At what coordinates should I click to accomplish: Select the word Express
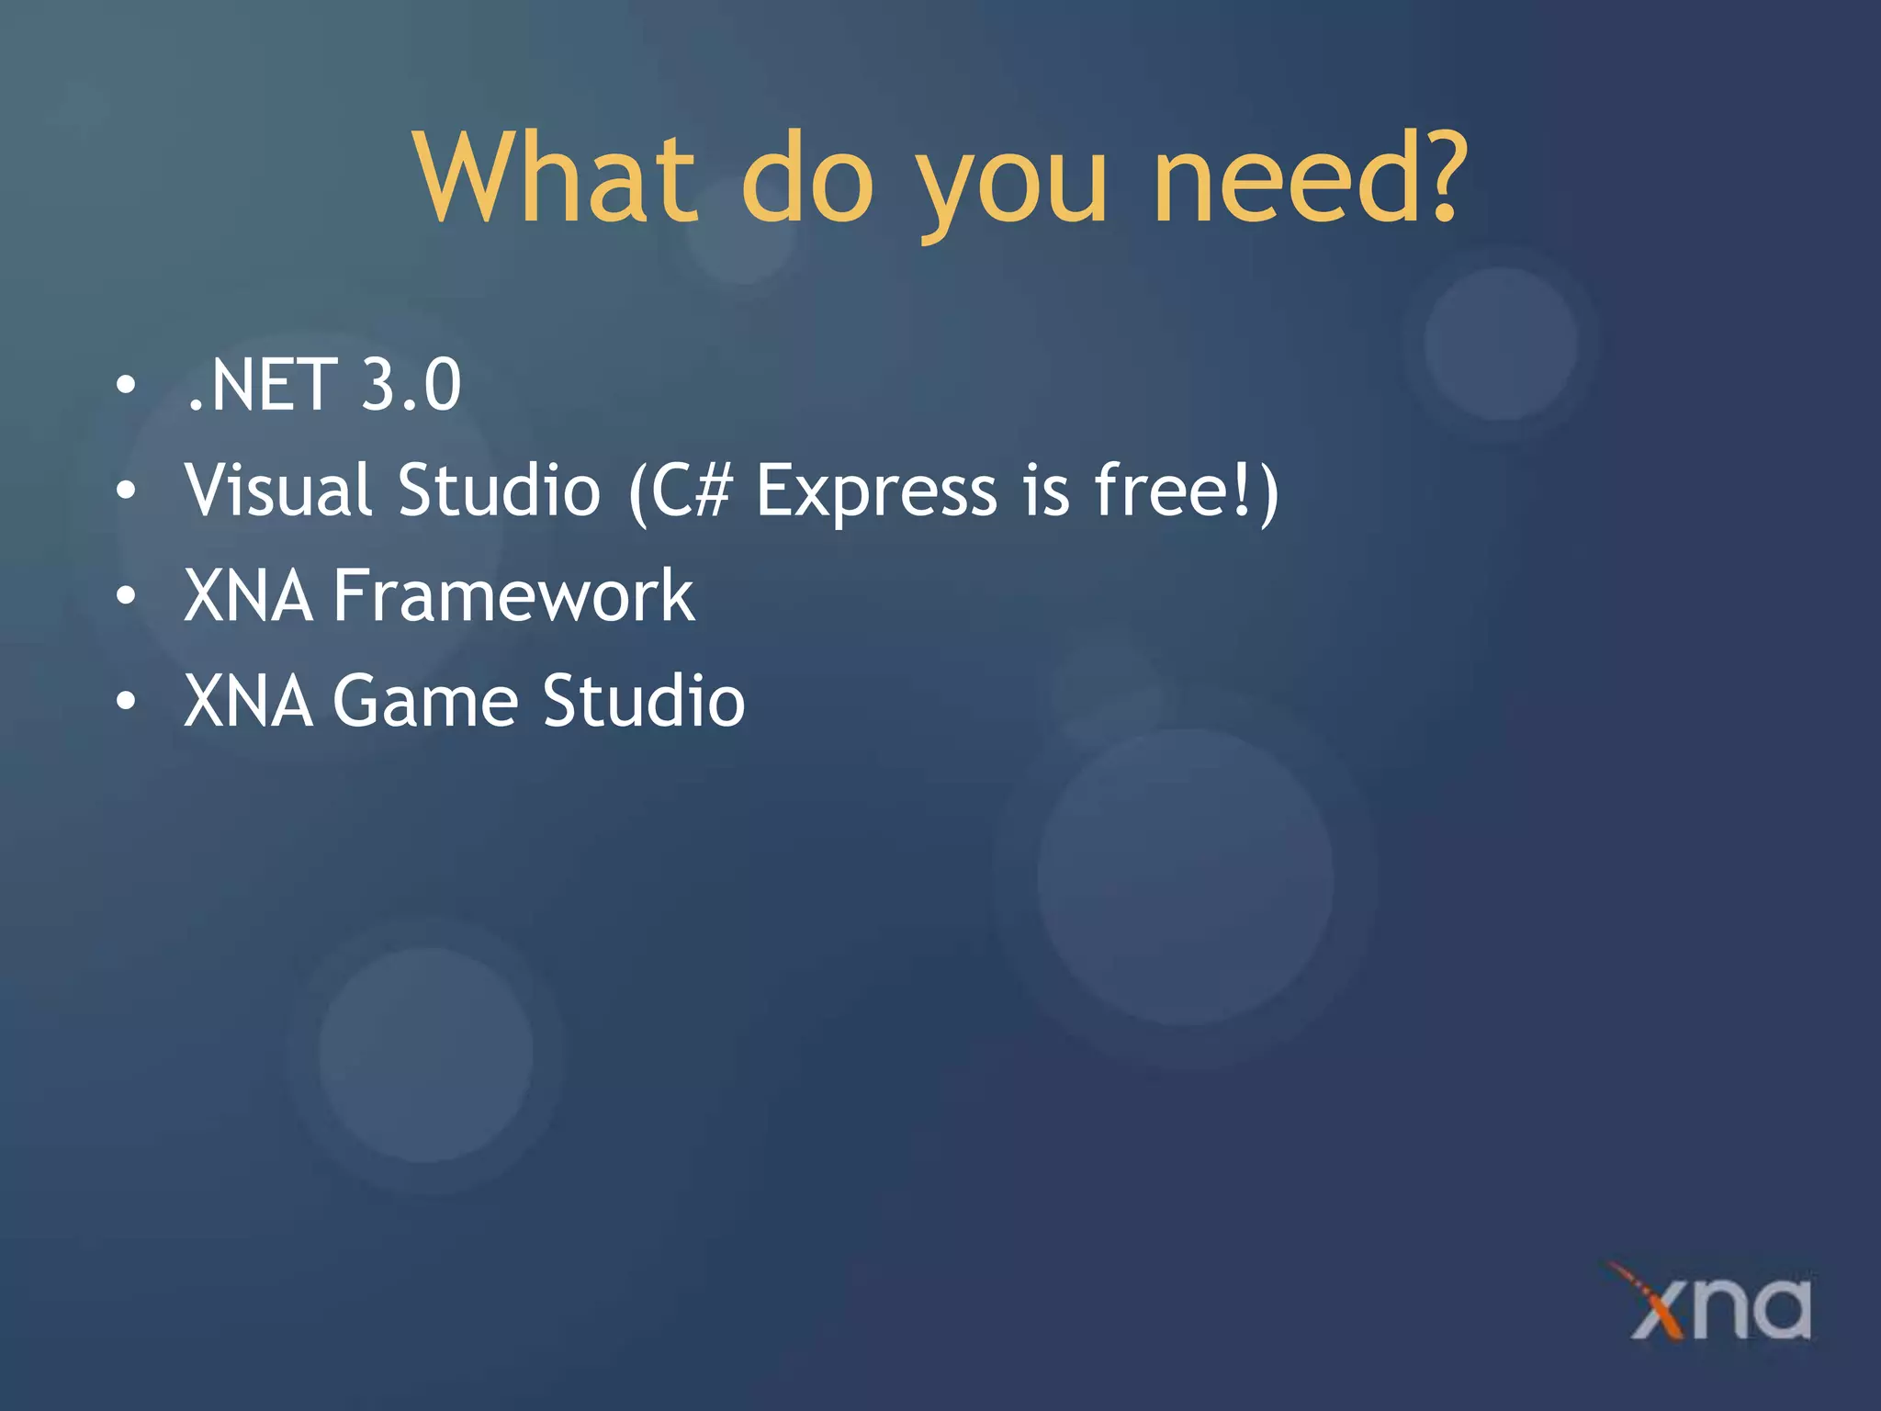pyautogui.click(x=876, y=491)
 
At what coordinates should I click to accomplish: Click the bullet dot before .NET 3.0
pyautogui.click(x=126, y=385)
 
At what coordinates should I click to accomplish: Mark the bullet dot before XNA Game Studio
pyautogui.click(x=126, y=702)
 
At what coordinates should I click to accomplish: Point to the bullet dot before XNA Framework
pyautogui.click(x=126, y=596)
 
